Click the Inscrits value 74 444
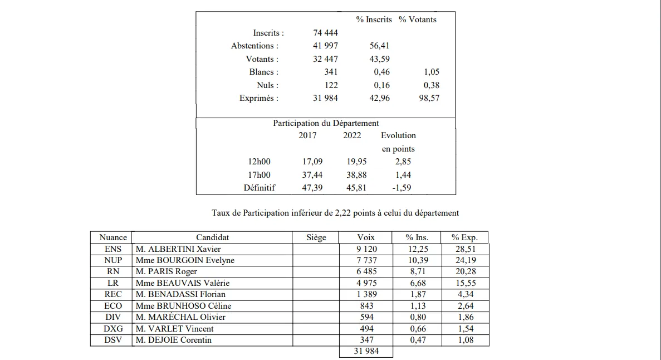click(325, 33)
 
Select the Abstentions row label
click(254, 46)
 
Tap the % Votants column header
click(417, 20)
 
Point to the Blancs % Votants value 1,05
click(431, 72)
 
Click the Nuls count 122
click(331, 85)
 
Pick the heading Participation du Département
click(326, 123)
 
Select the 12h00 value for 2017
click(312, 162)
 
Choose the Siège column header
click(316, 237)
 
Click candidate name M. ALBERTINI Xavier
click(178, 249)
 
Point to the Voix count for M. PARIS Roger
click(366, 272)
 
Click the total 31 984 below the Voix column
click(366, 352)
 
